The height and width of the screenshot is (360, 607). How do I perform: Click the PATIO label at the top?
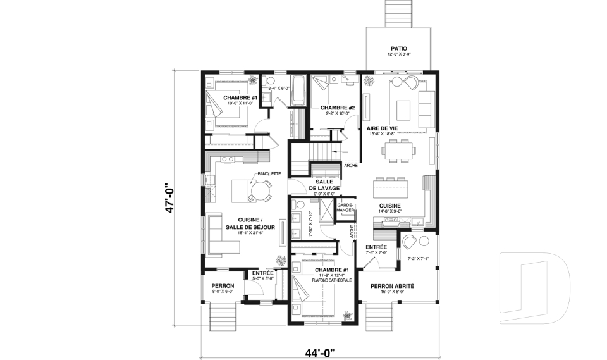point(398,48)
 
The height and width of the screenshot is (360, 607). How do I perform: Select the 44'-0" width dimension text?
point(319,351)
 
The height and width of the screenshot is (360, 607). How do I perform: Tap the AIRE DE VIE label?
point(382,128)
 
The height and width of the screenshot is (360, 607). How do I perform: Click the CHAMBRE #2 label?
point(337,108)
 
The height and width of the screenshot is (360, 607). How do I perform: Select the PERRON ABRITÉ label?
point(392,286)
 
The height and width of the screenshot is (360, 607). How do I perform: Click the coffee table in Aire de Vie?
point(404,109)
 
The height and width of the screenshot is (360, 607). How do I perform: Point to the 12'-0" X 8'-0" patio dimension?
point(398,54)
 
